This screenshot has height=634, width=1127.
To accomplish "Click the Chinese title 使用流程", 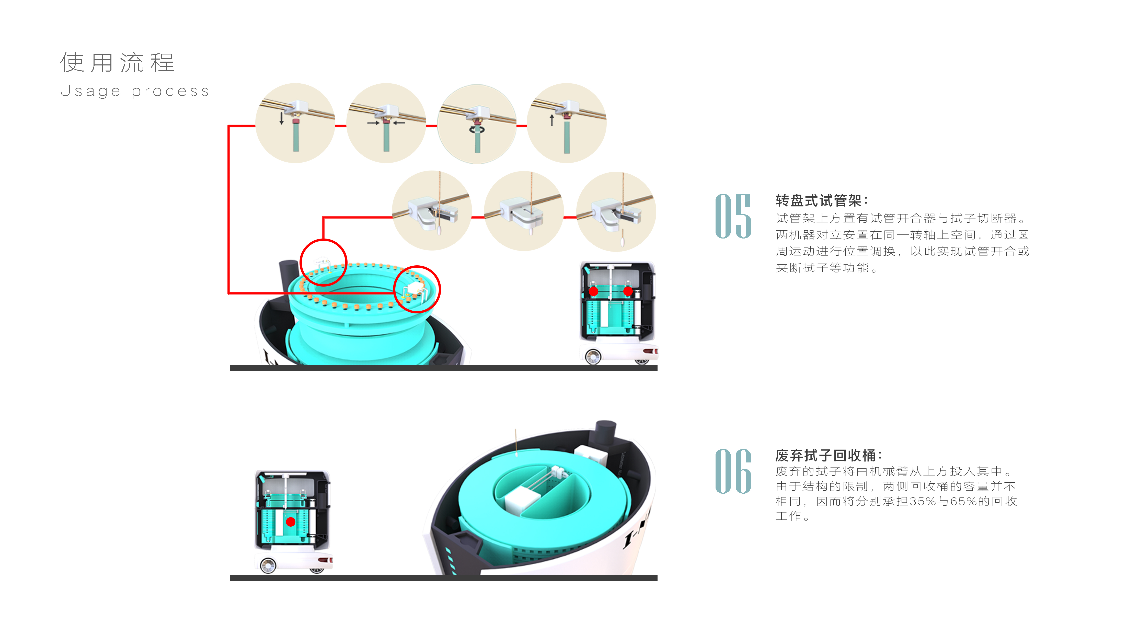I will [117, 63].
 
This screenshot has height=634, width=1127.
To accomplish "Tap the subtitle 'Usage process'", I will [134, 91].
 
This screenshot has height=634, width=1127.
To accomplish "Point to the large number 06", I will [733, 471].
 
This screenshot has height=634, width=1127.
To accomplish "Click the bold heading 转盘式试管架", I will [818, 200].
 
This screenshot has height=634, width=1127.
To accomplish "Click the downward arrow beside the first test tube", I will [281, 118].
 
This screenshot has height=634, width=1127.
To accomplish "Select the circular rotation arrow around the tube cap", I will [477, 130].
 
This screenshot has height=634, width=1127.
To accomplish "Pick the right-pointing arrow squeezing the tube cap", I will [373, 123].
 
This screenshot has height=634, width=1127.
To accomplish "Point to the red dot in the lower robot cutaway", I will [291, 522].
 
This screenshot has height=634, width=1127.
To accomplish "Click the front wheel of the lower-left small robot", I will [268, 566].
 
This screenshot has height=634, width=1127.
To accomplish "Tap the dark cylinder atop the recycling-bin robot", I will [605, 433].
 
